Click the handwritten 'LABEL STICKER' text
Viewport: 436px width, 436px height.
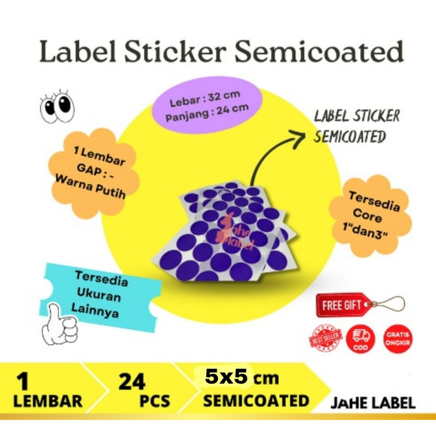356,116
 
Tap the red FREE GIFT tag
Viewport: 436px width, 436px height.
342,305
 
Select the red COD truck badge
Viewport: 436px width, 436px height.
361,339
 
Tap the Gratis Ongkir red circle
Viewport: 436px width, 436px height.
398,339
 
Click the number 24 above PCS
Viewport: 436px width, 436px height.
132,382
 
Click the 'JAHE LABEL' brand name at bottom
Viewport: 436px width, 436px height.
373,402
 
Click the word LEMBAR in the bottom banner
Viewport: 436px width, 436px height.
48,401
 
